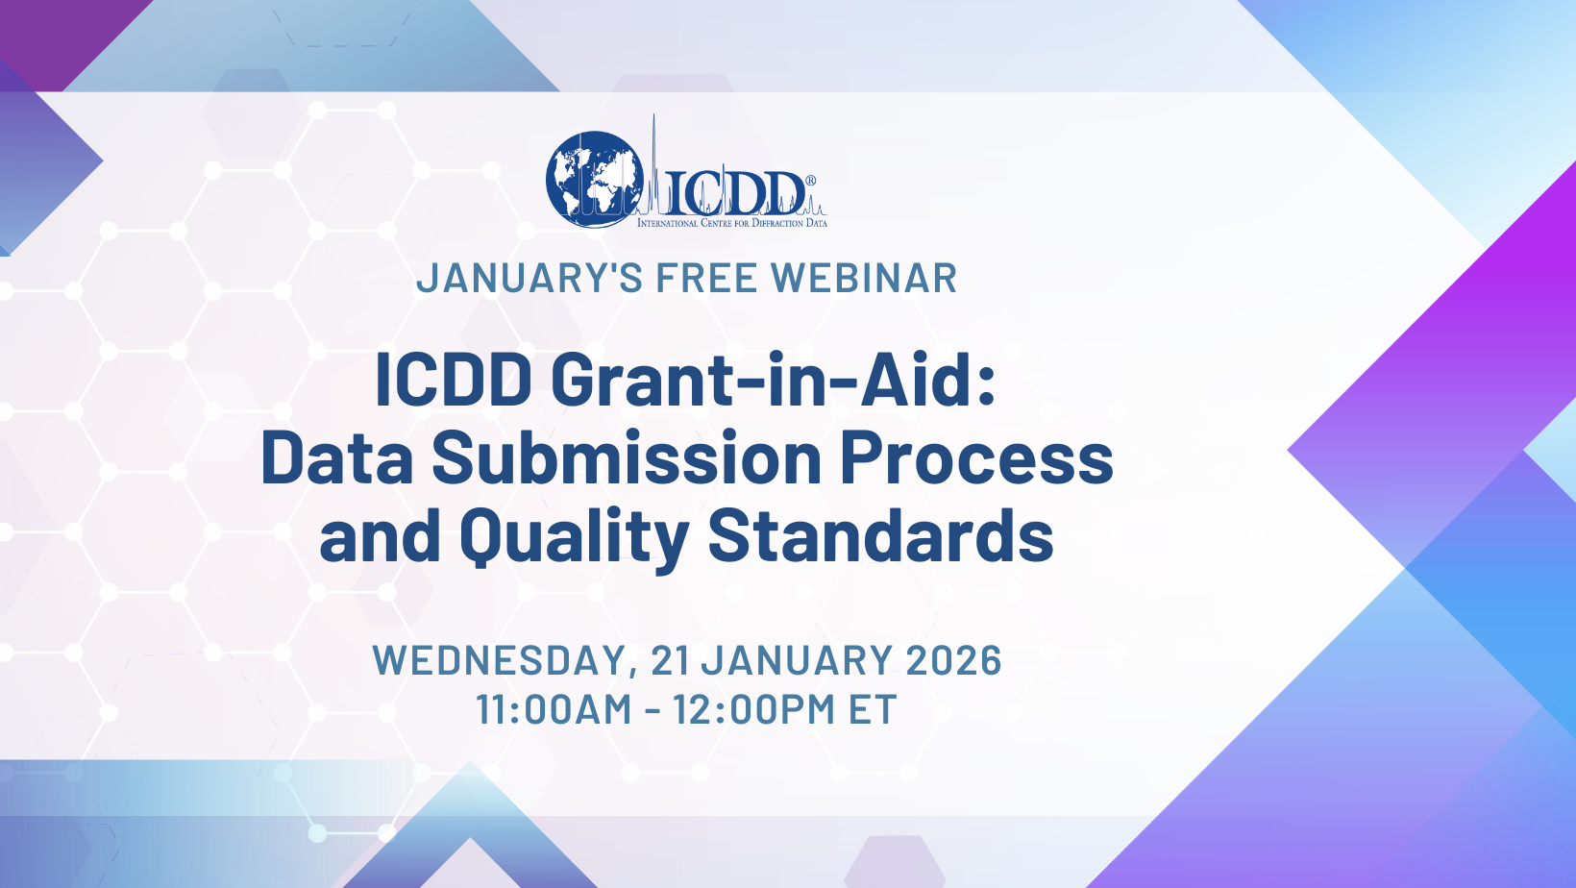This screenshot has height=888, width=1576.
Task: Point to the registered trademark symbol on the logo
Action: pyautogui.click(x=810, y=181)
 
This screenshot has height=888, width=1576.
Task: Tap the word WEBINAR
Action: pyautogui.click(x=864, y=279)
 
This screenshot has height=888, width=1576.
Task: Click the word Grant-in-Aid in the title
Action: pyautogui.click(x=774, y=380)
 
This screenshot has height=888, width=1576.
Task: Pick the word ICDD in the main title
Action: pyautogui.click(x=454, y=380)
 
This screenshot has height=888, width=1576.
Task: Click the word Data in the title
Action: pyautogui.click(x=336, y=457)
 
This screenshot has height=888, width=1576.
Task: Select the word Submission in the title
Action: pyautogui.click(x=627, y=457)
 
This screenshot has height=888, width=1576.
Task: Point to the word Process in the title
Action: pyautogui.click(x=976, y=457)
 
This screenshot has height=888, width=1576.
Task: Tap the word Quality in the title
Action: pyautogui.click(x=574, y=536)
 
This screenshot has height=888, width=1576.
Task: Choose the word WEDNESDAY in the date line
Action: pyautogui.click(x=500, y=661)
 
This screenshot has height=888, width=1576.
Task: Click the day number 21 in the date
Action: pyautogui.click(x=670, y=661)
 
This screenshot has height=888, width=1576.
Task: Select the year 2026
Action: pyautogui.click(x=953, y=661)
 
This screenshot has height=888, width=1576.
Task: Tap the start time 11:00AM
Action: pyautogui.click(x=554, y=710)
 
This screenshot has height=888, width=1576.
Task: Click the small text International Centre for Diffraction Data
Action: pyautogui.click(x=731, y=223)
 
